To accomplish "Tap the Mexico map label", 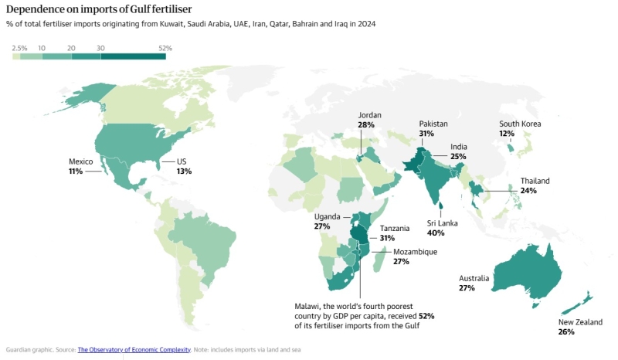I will click(81, 161).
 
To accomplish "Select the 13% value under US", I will click(184, 172).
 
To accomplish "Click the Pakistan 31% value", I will click(426, 134).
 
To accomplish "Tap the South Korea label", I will click(520, 124).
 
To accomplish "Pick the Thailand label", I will click(535, 181).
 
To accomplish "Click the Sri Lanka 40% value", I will click(436, 233).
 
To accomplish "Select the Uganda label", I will click(328, 216).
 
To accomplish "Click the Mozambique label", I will click(416, 252).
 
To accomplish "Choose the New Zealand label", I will click(581, 321).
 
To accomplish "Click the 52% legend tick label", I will click(165, 48).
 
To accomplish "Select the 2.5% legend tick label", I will click(19, 48).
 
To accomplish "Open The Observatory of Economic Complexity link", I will click(134, 349).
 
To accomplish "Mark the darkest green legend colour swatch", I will click(134, 56).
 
